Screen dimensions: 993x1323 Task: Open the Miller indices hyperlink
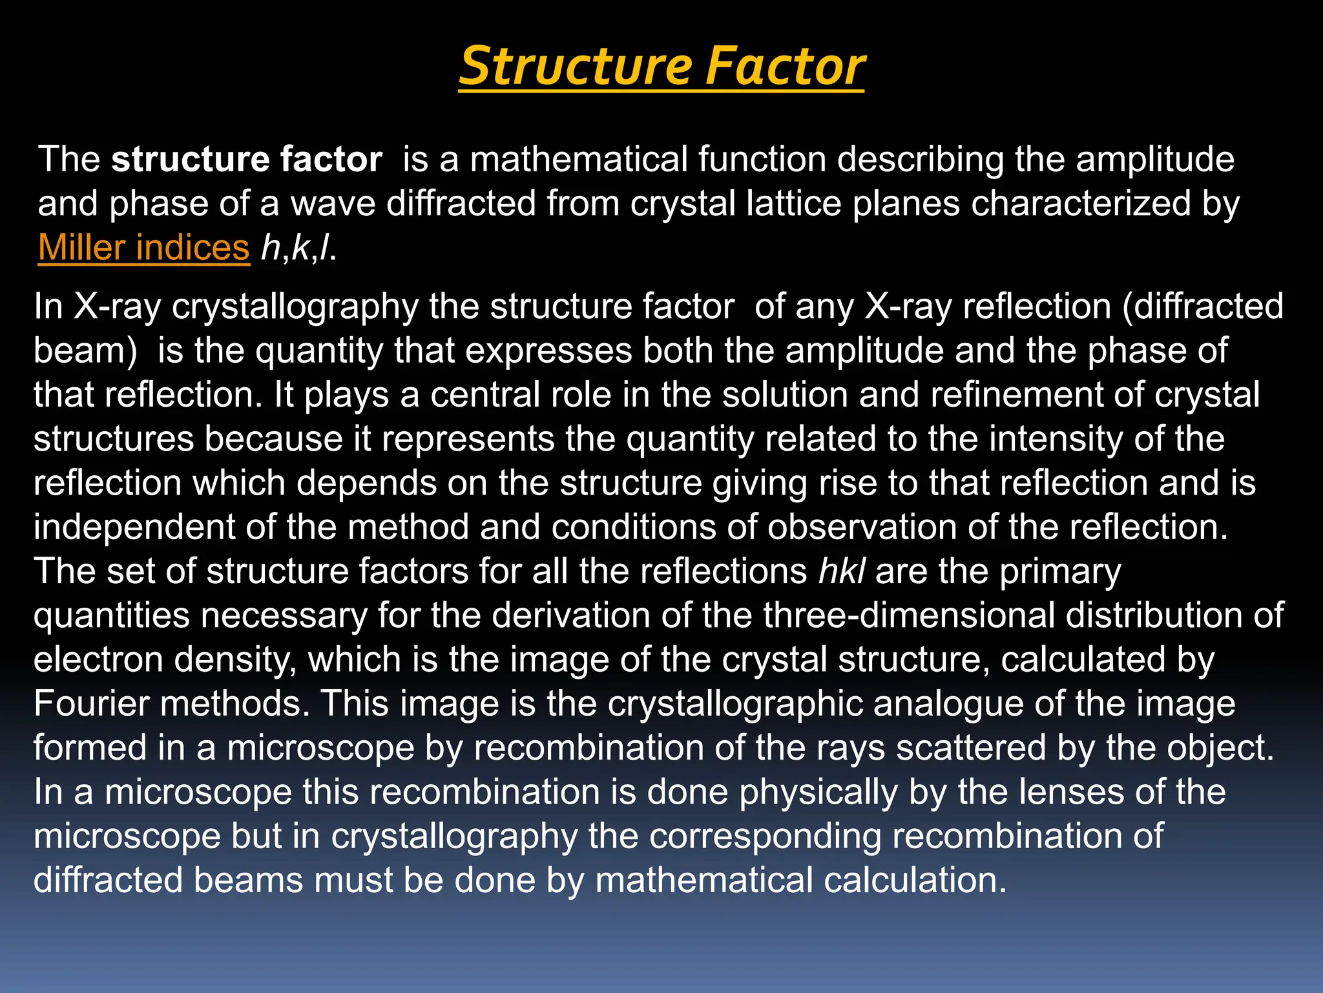[143, 247]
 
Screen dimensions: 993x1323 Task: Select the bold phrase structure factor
[246, 159]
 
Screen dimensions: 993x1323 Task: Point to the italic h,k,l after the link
[298, 247]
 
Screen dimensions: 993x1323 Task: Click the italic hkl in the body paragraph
[842, 571]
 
